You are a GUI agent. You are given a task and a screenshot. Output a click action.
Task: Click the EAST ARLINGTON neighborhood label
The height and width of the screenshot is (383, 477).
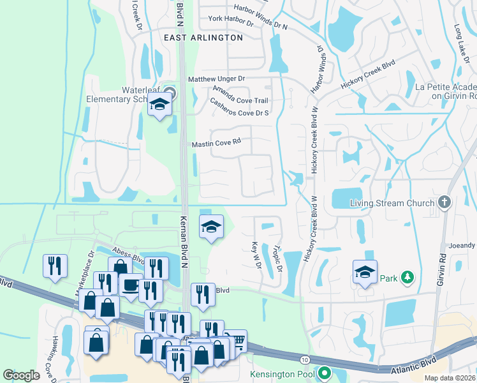(x=203, y=38)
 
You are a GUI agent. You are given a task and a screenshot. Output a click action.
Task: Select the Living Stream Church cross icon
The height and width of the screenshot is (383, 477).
(x=445, y=203)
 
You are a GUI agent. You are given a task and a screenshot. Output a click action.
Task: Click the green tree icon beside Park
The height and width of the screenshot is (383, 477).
(x=407, y=278)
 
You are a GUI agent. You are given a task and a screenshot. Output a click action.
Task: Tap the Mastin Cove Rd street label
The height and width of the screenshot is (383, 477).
(x=216, y=144)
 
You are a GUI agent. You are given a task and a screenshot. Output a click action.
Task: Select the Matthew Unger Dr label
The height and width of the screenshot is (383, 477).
(x=216, y=79)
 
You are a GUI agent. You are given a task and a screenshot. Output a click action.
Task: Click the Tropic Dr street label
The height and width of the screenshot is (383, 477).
(x=277, y=259)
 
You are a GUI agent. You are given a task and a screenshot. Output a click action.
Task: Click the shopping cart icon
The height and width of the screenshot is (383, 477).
(x=236, y=340)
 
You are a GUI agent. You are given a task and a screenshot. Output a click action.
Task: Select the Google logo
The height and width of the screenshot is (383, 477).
(x=21, y=375)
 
